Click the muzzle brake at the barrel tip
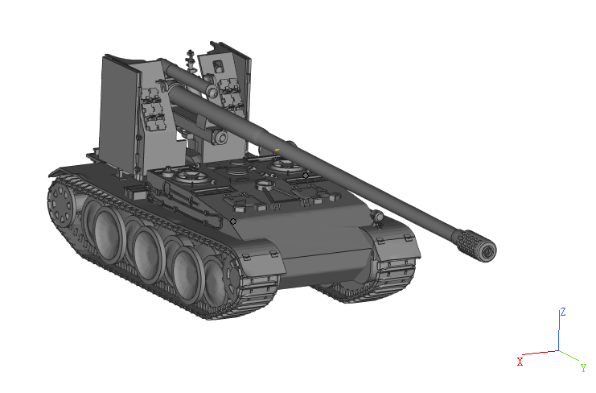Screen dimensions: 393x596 coord(477,245)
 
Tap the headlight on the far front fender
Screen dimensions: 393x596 coord(375,217)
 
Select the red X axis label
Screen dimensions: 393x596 coord(520,362)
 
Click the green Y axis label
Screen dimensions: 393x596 coord(582,367)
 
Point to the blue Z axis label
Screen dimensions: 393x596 coord(564,311)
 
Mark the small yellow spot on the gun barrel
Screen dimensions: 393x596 coord(277,150)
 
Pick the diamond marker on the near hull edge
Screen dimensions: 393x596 coord(233,221)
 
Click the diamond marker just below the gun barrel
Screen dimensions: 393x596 coord(306,175)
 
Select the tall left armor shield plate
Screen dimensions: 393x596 coord(117,113)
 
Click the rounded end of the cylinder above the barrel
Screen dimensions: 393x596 coord(214,92)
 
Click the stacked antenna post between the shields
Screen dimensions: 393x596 coord(191,60)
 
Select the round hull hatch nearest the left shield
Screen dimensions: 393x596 coord(192,176)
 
